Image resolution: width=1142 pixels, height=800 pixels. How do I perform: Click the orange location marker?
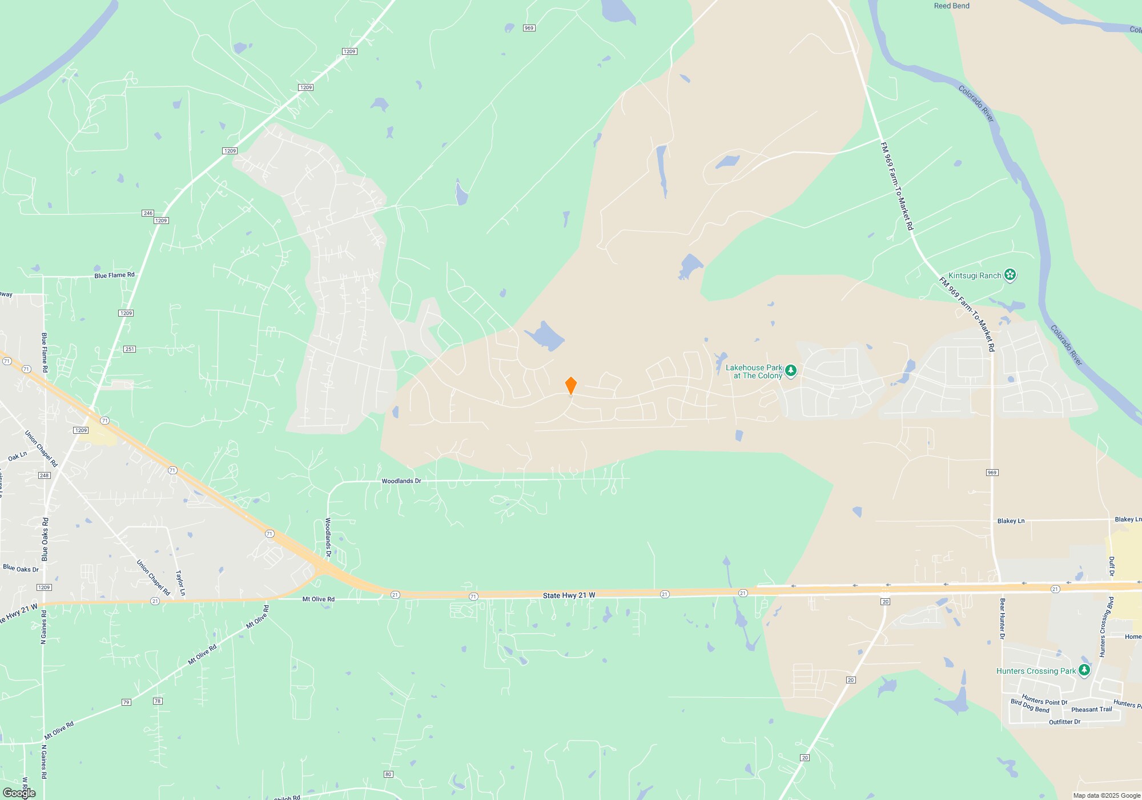coord(570,385)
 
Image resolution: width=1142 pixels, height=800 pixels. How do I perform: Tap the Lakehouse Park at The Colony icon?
coord(791,371)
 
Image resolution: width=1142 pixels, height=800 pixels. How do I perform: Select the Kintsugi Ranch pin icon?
coord(1010,275)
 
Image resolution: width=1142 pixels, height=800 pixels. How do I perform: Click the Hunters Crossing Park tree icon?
coord(1084,670)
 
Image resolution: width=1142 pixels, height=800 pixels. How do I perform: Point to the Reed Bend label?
coord(951,6)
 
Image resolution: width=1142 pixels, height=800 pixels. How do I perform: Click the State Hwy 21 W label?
coord(569,595)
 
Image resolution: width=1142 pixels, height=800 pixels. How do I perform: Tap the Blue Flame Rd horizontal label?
coord(114,275)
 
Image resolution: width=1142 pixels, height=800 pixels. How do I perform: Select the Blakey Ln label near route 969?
coord(1011,521)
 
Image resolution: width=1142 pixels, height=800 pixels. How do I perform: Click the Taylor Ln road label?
coord(179,583)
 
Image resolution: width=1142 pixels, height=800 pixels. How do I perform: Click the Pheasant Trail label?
coord(1092,710)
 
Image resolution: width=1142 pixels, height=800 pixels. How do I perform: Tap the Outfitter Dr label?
coord(1064,722)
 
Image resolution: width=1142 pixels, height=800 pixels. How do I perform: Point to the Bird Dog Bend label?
coord(1030,706)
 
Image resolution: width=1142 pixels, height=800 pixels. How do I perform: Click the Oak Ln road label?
coord(17,457)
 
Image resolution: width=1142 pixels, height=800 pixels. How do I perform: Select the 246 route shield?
coord(148,213)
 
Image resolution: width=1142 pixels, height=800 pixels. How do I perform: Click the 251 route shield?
coord(130,349)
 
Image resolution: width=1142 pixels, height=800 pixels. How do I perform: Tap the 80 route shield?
coord(388,774)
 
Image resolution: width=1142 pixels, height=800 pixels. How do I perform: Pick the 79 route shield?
coord(126,702)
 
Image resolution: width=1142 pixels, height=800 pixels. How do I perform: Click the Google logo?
coord(19,793)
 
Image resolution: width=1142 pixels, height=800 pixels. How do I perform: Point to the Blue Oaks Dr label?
coord(21,569)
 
